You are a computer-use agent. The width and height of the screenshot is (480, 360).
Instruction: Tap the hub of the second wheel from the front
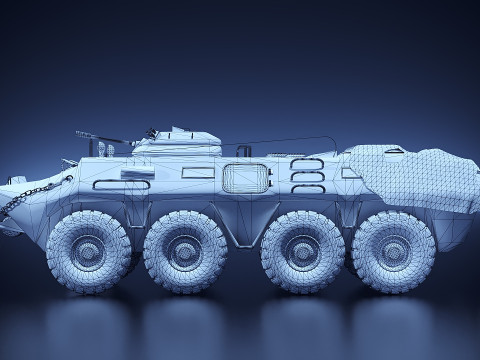(x=183, y=251)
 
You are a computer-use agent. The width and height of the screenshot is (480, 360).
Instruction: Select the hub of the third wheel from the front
(x=299, y=251)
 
